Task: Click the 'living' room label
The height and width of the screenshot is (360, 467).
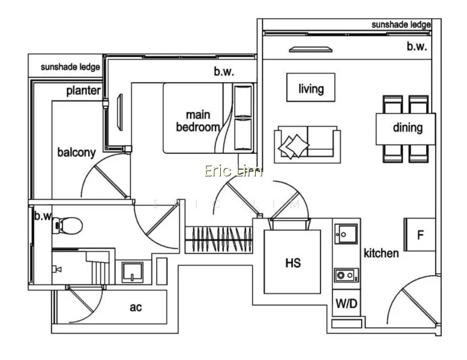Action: (x=311, y=89)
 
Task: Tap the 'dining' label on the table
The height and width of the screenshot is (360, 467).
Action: (x=408, y=127)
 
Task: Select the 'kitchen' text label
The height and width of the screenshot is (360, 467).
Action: (x=381, y=253)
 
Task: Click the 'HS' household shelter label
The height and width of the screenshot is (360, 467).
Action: (x=293, y=263)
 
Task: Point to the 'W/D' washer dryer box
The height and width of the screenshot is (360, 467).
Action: (x=346, y=303)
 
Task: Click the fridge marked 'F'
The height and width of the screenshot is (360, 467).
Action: (x=420, y=235)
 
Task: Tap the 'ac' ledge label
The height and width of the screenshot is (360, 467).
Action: (x=136, y=307)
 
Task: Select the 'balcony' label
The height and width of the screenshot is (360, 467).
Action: (x=77, y=152)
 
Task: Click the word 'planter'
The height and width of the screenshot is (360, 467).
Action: (x=83, y=91)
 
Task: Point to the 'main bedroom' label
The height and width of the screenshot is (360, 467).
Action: (x=198, y=121)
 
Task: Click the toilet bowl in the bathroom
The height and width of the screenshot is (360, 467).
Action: (x=68, y=226)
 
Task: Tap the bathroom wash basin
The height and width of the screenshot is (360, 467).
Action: (x=133, y=272)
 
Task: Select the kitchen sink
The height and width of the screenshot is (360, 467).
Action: (x=346, y=234)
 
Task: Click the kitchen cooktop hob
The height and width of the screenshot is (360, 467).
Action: (x=346, y=275)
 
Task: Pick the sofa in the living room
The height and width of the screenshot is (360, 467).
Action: (x=307, y=145)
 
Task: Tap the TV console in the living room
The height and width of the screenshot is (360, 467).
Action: (x=311, y=49)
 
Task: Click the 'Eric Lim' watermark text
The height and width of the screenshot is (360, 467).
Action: (x=233, y=171)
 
